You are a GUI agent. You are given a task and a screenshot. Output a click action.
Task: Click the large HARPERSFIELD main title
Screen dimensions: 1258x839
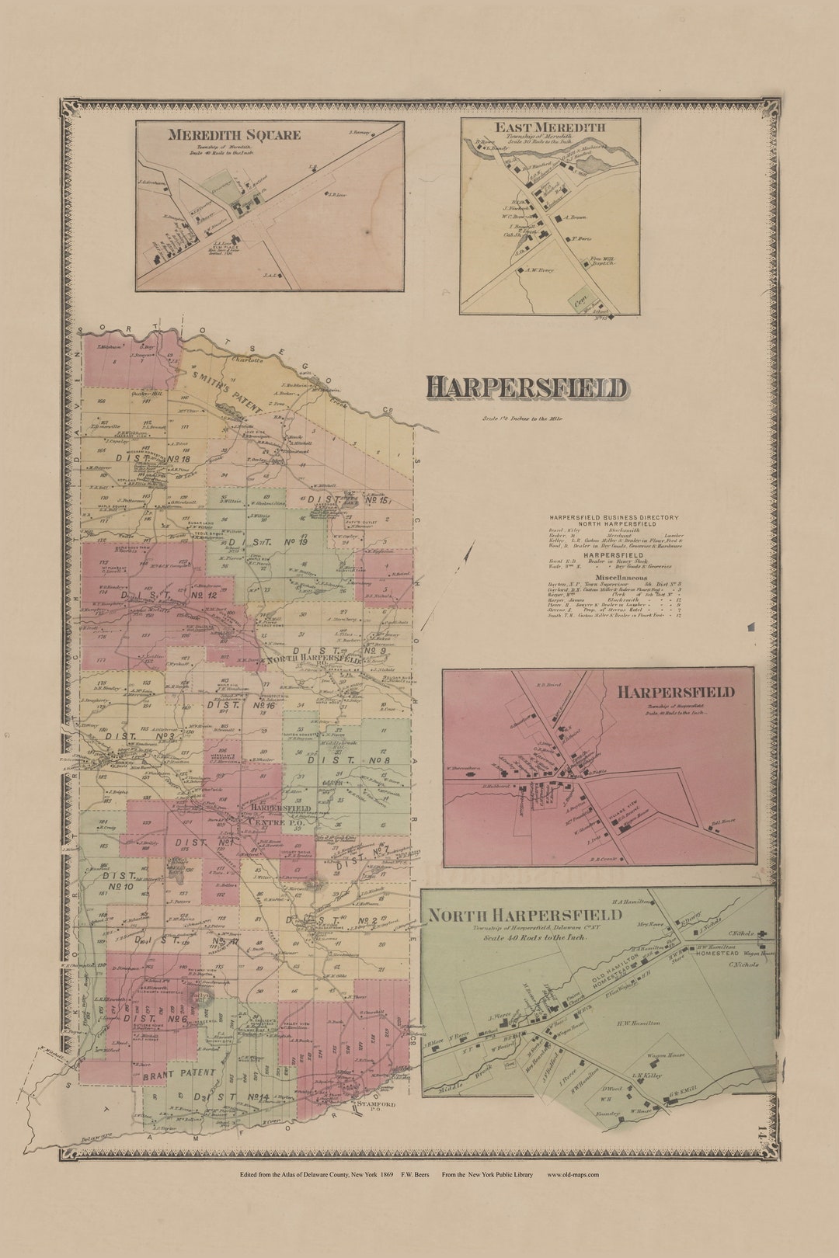(x=526, y=388)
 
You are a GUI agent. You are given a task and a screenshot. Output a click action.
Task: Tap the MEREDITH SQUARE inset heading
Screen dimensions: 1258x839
(x=234, y=135)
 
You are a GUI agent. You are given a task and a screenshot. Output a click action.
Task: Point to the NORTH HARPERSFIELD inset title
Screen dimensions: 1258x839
(x=526, y=915)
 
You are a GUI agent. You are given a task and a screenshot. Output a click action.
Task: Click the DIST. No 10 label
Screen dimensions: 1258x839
(x=118, y=881)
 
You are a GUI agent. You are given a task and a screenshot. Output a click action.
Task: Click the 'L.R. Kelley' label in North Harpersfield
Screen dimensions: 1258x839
(x=646, y=1076)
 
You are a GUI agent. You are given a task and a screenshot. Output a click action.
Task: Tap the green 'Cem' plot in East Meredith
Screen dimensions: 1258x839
(x=578, y=297)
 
